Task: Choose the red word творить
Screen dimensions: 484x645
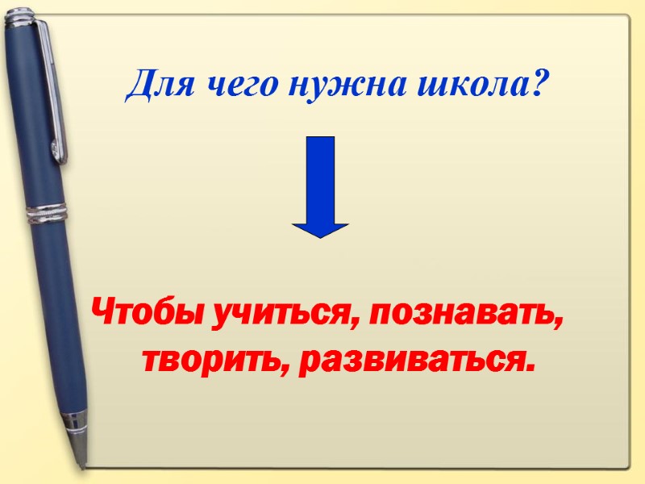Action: point(211,359)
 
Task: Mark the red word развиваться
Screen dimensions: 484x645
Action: point(409,361)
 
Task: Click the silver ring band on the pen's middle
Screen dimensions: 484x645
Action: point(46,214)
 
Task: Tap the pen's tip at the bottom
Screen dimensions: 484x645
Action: point(81,461)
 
